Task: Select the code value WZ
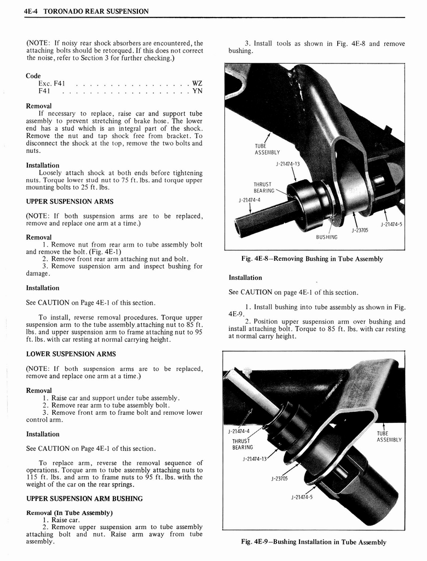(197, 83)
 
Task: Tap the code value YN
(197, 91)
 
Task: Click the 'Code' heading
(33, 76)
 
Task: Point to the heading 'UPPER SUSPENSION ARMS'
(70, 202)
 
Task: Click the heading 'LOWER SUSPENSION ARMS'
(71, 354)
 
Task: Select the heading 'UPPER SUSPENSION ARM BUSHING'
(84, 499)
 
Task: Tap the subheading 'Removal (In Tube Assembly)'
(69, 513)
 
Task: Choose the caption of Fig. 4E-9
(314, 542)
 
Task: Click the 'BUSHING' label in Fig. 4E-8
(327, 237)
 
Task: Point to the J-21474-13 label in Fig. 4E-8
(288, 163)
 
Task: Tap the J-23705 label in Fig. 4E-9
(279, 478)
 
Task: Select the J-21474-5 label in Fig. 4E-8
(392, 224)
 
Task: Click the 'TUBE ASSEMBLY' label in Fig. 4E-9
(390, 436)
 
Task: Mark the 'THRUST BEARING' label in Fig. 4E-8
(263, 187)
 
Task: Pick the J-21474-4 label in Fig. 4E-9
(239, 431)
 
